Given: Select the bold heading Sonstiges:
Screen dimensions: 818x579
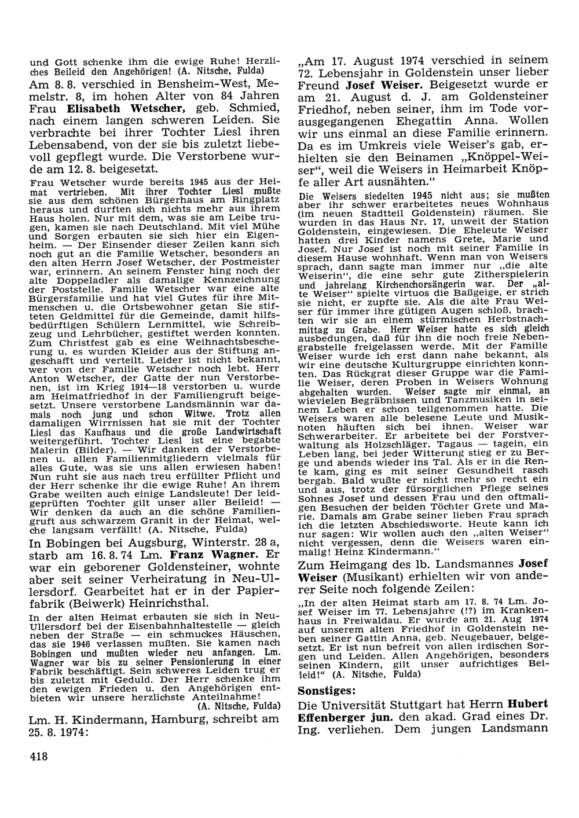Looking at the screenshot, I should coord(327,690).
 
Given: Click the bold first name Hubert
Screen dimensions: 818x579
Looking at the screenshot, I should coord(528,705).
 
